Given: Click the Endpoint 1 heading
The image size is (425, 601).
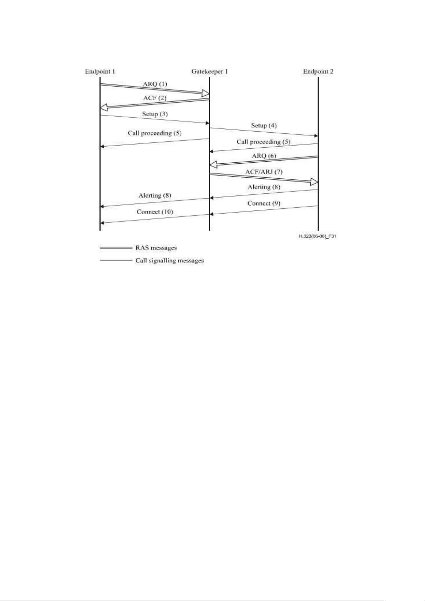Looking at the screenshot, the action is [x=100, y=72].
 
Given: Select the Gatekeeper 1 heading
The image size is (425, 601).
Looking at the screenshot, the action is [x=209, y=72].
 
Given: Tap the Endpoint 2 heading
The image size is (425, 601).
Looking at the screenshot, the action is [x=318, y=72].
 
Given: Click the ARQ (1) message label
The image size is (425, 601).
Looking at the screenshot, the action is [x=155, y=84].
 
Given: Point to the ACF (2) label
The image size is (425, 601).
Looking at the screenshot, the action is [x=155, y=98].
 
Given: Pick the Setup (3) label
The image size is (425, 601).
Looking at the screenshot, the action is [x=155, y=114].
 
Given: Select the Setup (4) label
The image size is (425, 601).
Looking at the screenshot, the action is [x=264, y=126].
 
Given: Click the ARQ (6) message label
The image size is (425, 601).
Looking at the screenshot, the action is [x=264, y=156].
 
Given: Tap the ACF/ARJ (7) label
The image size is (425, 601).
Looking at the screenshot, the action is [x=264, y=172].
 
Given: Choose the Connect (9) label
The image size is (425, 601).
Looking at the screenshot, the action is [x=264, y=203].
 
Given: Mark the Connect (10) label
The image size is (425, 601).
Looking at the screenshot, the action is [x=155, y=212].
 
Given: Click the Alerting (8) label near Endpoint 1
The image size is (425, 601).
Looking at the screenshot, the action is [x=155, y=195].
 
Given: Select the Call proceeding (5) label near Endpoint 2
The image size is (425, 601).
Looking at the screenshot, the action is [x=264, y=142].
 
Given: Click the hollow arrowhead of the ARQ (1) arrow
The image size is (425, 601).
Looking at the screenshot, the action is [x=206, y=93].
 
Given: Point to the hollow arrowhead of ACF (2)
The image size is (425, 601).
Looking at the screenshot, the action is [x=104, y=108].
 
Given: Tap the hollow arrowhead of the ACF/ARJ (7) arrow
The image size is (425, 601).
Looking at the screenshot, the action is [x=314, y=182].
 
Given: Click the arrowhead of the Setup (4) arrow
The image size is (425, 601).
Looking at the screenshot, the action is [x=316, y=136].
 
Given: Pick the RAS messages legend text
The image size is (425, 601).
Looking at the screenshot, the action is [x=156, y=248].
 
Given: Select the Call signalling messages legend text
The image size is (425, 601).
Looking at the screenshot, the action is [x=170, y=261].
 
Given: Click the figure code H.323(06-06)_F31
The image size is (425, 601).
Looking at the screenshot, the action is [x=317, y=236].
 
